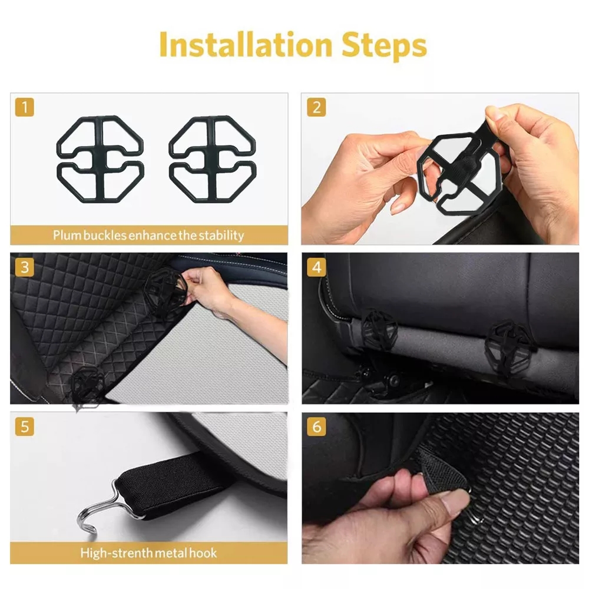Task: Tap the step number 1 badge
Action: coord(24,107)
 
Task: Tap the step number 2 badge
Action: coord(316,107)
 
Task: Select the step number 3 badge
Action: coord(24,267)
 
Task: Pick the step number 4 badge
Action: coord(316,267)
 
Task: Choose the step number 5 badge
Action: coord(24,426)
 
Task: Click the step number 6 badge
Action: coord(316,426)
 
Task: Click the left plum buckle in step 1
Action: coord(100,156)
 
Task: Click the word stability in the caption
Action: coord(220,236)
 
